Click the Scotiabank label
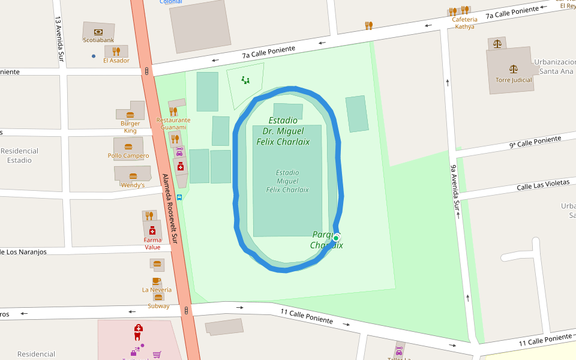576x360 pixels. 98,40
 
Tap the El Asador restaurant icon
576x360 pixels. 116,52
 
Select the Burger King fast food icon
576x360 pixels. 130,115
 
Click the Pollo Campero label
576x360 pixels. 128,156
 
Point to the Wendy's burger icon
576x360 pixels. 133,176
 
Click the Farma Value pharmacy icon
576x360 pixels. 152,231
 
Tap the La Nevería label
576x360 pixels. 157,290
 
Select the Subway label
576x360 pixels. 158,306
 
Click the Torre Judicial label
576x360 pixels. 514,80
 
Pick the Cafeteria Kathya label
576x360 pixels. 464,23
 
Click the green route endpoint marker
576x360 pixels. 337,238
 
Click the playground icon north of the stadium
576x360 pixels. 245,80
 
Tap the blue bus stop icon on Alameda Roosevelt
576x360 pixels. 179,197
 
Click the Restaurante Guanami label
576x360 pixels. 173,124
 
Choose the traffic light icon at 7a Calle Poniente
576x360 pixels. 147,71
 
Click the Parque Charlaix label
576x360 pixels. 326,240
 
